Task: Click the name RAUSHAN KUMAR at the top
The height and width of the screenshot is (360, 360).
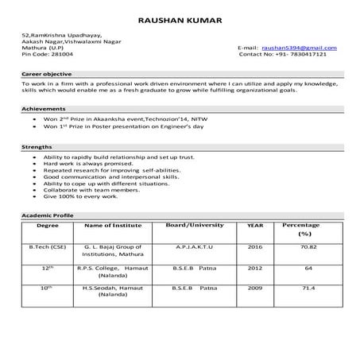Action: [180, 19]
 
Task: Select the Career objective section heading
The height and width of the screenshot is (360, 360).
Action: [46, 73]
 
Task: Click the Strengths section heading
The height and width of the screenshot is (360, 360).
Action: [37, 148]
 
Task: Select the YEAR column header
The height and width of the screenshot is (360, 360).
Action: [255, 226]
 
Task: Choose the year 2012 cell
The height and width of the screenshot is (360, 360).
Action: [255, 269]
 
